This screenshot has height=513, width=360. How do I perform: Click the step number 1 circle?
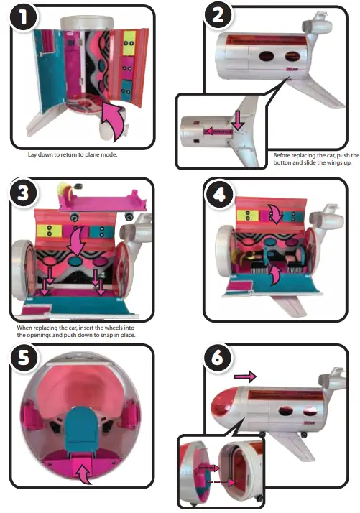tap(24, 21)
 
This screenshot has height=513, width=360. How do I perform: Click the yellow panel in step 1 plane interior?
tap(130, 41)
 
